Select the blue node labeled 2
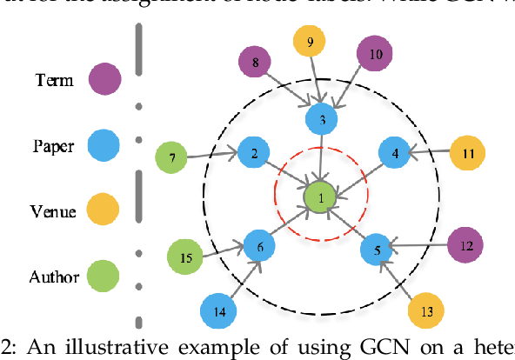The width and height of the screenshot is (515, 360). (253, 154)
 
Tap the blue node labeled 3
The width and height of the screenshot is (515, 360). (322, 118)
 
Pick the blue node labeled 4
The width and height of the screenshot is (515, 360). (396, 154)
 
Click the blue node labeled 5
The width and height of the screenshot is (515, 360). (378, 250)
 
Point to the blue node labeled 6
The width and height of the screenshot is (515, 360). (259, 246)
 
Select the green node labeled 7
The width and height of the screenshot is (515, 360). (172, 158)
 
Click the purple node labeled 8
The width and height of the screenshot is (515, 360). (255, 63)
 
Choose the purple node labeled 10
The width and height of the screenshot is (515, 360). (376, 53)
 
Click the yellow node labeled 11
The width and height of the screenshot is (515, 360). (468, 154)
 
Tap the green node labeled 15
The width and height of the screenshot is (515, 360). (186, 257)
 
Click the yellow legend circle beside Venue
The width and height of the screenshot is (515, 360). (104, 211)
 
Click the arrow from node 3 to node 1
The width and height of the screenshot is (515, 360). (322, 157)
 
